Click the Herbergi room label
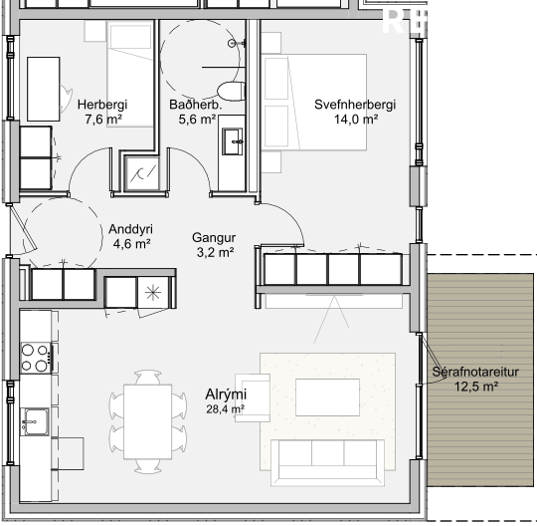coord(102,105)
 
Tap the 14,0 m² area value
coord(356,120)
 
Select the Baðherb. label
coord(196,105)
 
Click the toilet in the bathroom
coord(231,91)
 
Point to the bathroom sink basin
coord(233,141)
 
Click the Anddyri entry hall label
coord(130,229)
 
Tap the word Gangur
coord(214,237)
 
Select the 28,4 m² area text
coord(225,409)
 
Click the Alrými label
coord(226,394)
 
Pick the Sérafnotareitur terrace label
coord(475,372)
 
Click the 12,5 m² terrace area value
coord(476,387)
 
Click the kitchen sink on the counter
coord(34,421)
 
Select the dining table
coord(147,421)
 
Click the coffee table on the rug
coord(327,397)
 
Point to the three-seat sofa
coord(327,462)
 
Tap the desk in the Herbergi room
coord(44,90)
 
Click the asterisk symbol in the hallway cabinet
coord(153,293)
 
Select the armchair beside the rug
coord(253,397)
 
